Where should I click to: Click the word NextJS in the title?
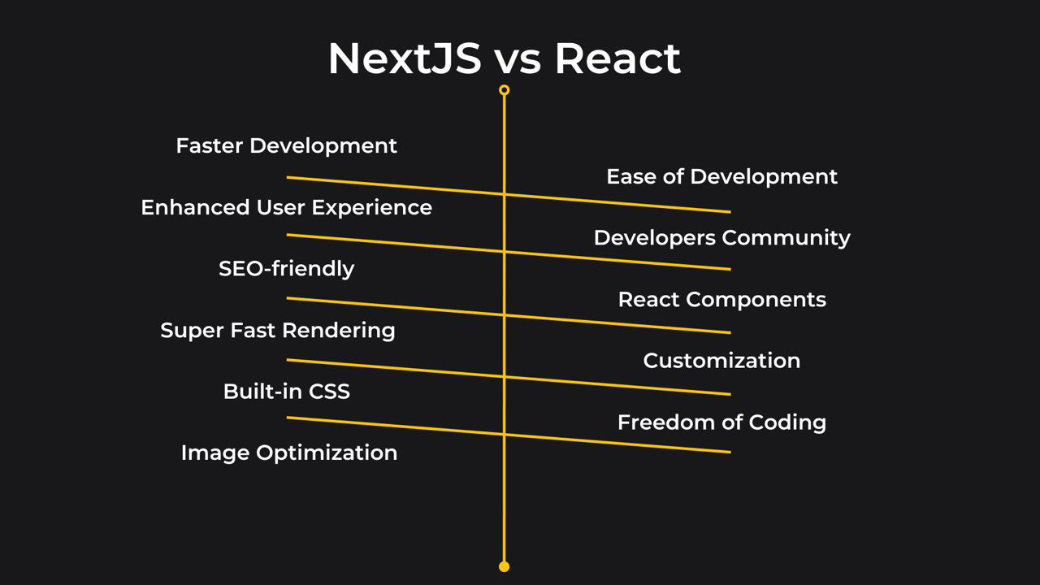point(405,58)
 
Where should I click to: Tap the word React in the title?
point(617,58)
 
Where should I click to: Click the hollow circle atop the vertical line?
point(504,90)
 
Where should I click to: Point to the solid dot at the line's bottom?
point(504,566)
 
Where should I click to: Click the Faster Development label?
point(286,146)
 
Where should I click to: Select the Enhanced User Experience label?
point(286,208)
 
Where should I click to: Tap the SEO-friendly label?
point(286,269)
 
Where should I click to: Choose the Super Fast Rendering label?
point(278,331)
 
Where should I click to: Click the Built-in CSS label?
point(286,392)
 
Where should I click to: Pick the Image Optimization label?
point(289,453)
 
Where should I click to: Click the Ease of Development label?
point(721,177)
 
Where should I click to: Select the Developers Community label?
point(721,238)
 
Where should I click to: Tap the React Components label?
point(721,300)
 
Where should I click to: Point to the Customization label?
point(721,361)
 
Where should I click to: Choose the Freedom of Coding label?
point(721,422)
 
